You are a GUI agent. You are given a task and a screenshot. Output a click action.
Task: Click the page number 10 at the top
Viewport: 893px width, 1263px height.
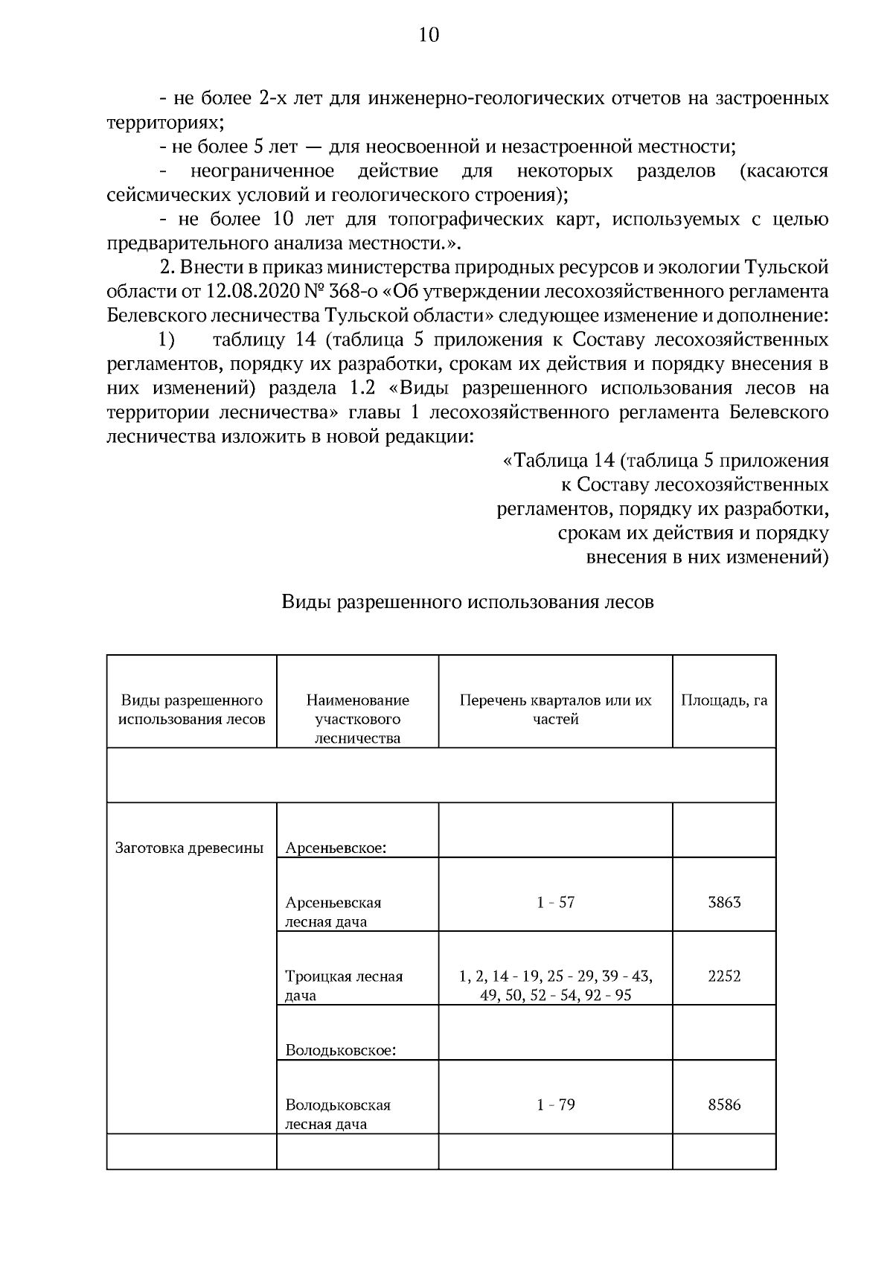click(429, 35)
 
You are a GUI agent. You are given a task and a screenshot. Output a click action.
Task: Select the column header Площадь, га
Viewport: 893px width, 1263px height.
click(723, 700)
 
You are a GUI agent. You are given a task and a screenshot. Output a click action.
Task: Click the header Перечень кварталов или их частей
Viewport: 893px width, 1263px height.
click(555, 709)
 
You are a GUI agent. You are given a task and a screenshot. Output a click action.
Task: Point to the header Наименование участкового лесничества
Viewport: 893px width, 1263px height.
click(357, 719)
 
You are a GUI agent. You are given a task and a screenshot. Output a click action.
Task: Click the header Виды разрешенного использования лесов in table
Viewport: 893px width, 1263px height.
click(192, 709)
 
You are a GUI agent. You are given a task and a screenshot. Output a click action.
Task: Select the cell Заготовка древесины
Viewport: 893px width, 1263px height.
click(190, 848)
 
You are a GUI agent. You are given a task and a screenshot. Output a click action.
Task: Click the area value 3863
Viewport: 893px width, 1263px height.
click(724, 903)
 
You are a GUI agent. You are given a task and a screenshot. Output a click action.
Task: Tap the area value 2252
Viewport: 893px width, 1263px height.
click(724, 976)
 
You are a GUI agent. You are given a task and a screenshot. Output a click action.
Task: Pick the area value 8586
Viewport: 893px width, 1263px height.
click(724, 1105)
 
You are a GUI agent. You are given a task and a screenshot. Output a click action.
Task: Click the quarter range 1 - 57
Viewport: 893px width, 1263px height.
click(555, 903)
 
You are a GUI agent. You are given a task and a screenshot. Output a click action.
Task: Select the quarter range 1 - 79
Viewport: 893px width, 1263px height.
click(555, 1105)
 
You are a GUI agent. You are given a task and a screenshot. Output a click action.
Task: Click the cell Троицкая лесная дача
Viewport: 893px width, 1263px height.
click(344, 985)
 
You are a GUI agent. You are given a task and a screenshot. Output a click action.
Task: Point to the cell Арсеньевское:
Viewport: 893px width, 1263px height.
click(335, 848)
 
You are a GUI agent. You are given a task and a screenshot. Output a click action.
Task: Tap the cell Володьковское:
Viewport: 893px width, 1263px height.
click(340, 1051)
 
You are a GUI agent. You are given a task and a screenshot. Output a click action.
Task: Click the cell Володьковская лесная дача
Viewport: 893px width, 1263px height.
click(338, 1114)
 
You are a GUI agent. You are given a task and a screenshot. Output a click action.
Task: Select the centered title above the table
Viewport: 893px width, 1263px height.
click(467, 602)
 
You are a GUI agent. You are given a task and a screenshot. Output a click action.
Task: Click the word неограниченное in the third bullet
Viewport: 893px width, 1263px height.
click(262, 171)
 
